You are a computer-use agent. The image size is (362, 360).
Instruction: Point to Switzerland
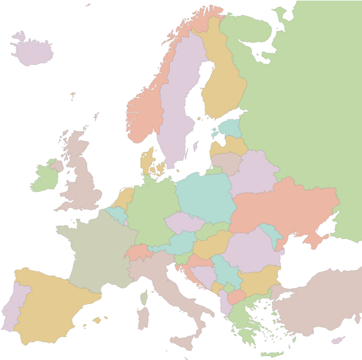(138, 252)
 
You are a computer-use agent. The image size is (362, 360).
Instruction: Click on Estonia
(231, 128)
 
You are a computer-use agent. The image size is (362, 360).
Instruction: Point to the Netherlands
(124, 198)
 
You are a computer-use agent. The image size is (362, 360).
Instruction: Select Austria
(182, 242)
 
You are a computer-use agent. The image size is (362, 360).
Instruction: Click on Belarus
(254, 173)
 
